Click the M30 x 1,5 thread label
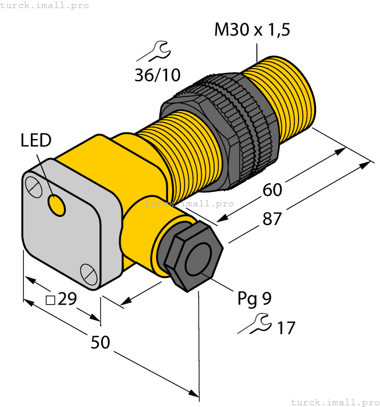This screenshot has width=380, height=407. tap(252, 30)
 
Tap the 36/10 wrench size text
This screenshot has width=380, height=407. tap(157, 75)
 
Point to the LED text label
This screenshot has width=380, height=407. tap(35, 140)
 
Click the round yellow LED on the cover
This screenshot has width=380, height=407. tap(56, 205)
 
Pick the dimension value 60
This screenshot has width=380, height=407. tap(272, 190)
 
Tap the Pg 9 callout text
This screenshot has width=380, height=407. tap(254, 299)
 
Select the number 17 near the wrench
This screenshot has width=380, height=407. tap(285, 328)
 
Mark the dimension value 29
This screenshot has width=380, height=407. tap(68, 299)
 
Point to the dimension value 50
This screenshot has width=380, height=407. tap(101, 342)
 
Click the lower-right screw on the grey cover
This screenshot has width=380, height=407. tap(88, 272)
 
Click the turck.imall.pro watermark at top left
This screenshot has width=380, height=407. tap(45, 5)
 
